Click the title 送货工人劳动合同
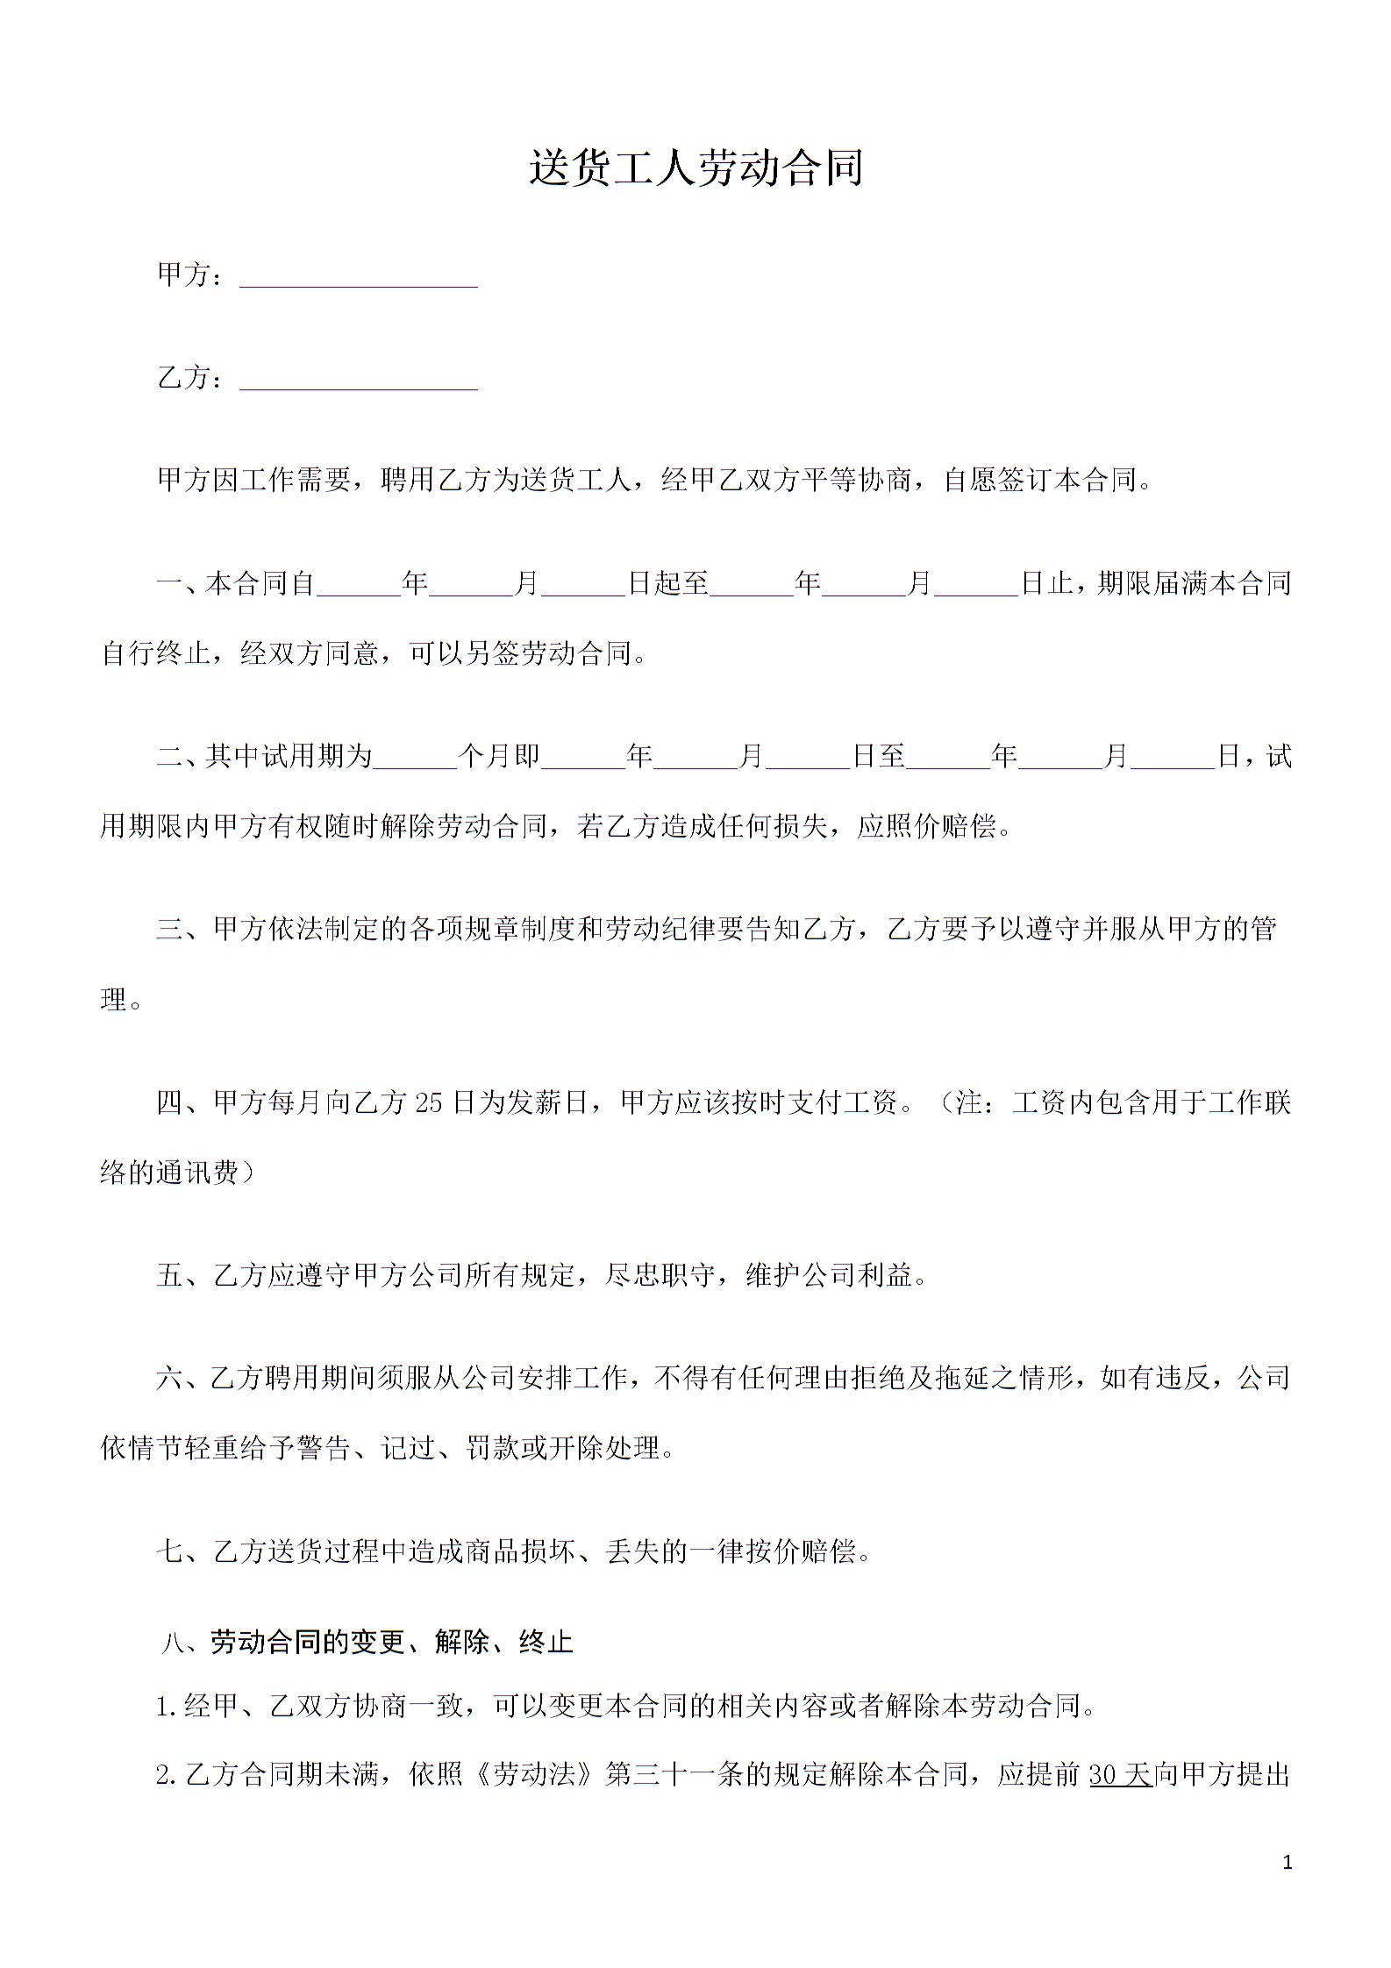(x=695, y=168)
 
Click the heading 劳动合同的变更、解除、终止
(x=391, y=1642)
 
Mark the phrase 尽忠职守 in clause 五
(x=660, y=1276)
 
